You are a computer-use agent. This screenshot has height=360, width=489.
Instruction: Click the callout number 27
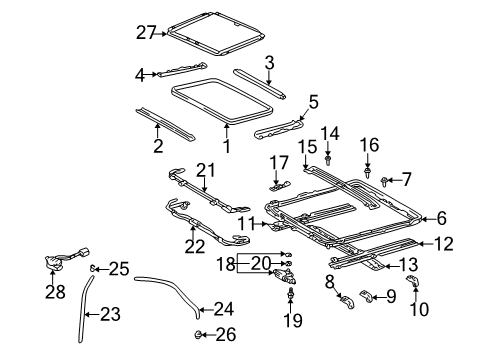146,33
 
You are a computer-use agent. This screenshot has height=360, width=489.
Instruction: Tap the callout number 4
142,73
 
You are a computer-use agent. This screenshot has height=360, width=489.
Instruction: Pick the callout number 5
313,101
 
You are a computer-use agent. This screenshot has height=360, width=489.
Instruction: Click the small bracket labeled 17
280,183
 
